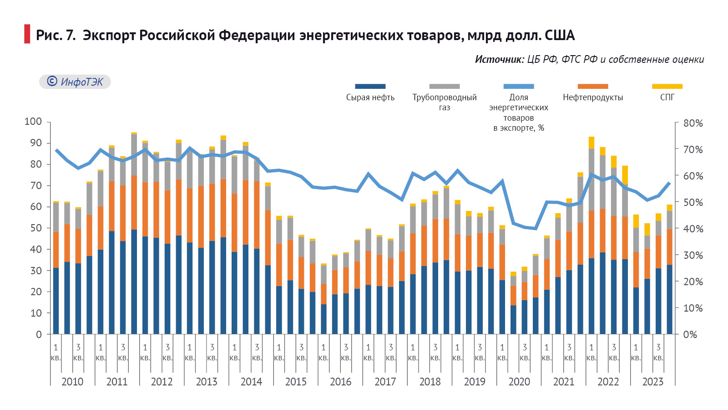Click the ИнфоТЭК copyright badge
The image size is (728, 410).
coord(75,82)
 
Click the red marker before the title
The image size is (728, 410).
coord(27,34)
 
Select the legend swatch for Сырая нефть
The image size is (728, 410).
coord(370,86)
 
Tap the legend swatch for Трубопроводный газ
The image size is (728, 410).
coord(444,86)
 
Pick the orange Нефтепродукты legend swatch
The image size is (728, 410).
coord(592,86)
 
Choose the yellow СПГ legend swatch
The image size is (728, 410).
coord(667,86)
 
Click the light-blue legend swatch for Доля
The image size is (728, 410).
coord(518,86)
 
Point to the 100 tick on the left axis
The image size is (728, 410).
coord(33,122)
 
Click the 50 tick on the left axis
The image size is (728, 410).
coord(35,228)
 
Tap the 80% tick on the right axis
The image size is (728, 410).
coord(693,123)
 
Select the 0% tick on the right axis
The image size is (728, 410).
coord(690,334)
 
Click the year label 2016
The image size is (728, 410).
coord(340,382)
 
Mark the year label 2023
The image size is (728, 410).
coord(652,382)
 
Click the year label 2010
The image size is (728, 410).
coord(72,382)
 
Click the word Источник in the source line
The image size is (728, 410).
coord(499,59)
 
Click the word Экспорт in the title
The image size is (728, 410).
coord(109,35)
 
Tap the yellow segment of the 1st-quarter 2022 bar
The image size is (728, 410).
coord(591,143)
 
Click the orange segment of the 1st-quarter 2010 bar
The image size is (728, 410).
coord(56,250)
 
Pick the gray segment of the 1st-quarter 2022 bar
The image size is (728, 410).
coord(591,179)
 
